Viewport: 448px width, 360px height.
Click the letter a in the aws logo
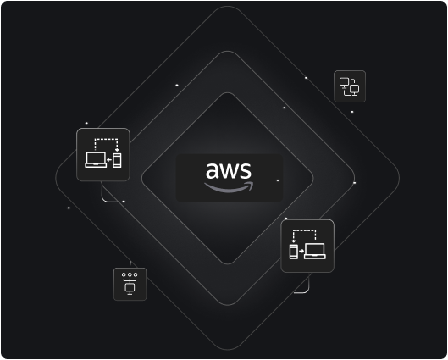pyautogui.click(x=212, y=171)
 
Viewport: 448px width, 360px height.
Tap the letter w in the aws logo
pyautogui.click(x=230, y=171)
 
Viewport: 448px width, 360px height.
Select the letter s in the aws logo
pyautogui.click(x=246, y=171)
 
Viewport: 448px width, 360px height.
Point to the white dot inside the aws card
pyautogui.click(x=278, y=180)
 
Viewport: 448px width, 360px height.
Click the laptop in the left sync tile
pyautogui.click(x=96, y=160)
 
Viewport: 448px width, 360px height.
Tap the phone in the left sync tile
pyautogui.click(x=117, y=160)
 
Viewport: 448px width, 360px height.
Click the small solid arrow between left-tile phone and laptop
pyautogui.click(x=109, y=160)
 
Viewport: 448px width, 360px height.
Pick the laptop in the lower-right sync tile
pyautogui.click(x=314, y=251)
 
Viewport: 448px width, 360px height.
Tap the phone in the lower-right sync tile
pyautogui.click(x=293, y=252)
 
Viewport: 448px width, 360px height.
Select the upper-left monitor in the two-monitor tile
pyautogui.click(x=344, y=83)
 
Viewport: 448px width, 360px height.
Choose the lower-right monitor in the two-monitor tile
pyautogui.click(x=354, y=90)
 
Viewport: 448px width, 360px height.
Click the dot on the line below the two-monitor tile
pyautogui.click(x=352, y=112)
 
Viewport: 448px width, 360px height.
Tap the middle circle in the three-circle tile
pyautogui.click(x=130, y=274)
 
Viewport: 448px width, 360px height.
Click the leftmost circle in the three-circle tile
pyautogui.click(x=124, y=274)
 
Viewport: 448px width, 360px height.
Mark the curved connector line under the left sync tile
pyautogui.click(x=107, y=200)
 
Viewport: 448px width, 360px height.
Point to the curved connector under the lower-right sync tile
pyautogui.click(x=307, y=291)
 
